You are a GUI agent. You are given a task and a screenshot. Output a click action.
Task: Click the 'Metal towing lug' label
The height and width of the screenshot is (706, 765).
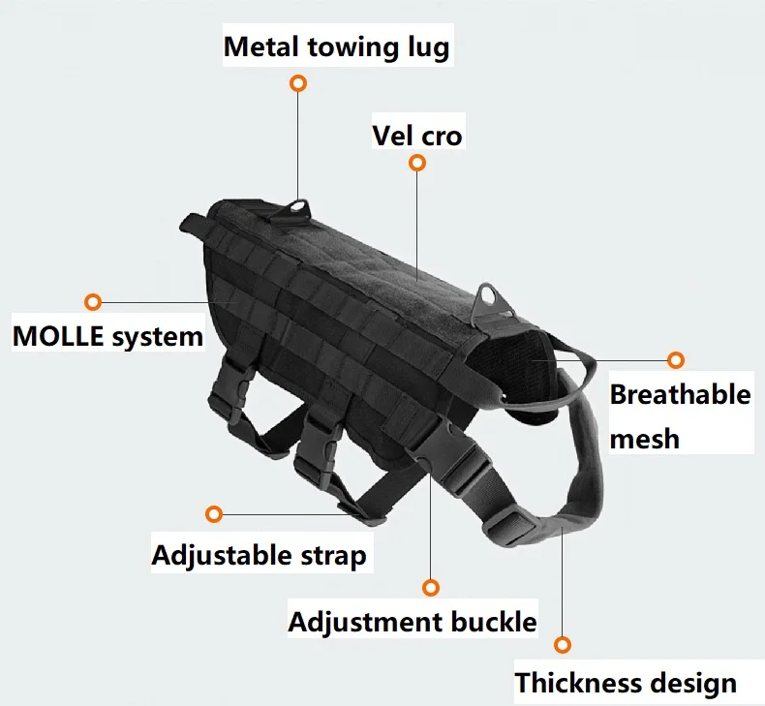click(x=336, y=46)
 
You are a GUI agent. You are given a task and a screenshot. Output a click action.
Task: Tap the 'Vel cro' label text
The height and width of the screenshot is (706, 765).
click(x=417, y=135)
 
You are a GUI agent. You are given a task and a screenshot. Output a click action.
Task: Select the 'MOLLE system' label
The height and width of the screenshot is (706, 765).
click(x=107, y=337)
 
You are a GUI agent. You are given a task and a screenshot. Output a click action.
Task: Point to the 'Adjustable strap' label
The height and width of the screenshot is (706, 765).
click(x=259, y=556)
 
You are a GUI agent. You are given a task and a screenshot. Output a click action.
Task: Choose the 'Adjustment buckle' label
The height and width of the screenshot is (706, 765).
click(x=412, y=621)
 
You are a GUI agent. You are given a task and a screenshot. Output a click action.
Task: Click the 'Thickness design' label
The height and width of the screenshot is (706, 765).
click(x=625, y=683)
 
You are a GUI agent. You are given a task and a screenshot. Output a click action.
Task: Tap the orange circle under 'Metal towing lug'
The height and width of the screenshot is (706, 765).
click(x=298, y=83)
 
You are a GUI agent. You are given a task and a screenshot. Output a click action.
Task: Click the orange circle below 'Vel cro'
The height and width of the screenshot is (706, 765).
click(x=417, y=163)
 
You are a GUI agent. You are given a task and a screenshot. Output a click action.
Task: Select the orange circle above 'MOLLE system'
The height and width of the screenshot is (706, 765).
click(x=93, y=302)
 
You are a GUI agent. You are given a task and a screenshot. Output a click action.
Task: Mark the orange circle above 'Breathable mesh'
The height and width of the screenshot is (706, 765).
click(x=676, y=360)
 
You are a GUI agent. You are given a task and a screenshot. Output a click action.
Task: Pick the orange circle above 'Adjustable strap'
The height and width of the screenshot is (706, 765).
click(x=215, y=513)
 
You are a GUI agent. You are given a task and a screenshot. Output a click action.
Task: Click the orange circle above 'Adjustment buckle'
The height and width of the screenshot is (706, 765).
click(x=431, y=587)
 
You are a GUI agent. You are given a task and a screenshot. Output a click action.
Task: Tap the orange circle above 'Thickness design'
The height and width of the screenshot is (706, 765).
click(x=563, y=644)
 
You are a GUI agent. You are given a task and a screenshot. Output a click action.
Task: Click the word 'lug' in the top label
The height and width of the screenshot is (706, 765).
click(x=425, y=46)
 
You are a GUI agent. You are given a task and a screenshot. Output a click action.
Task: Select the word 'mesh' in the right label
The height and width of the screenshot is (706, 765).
click(x=645, y=439)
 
